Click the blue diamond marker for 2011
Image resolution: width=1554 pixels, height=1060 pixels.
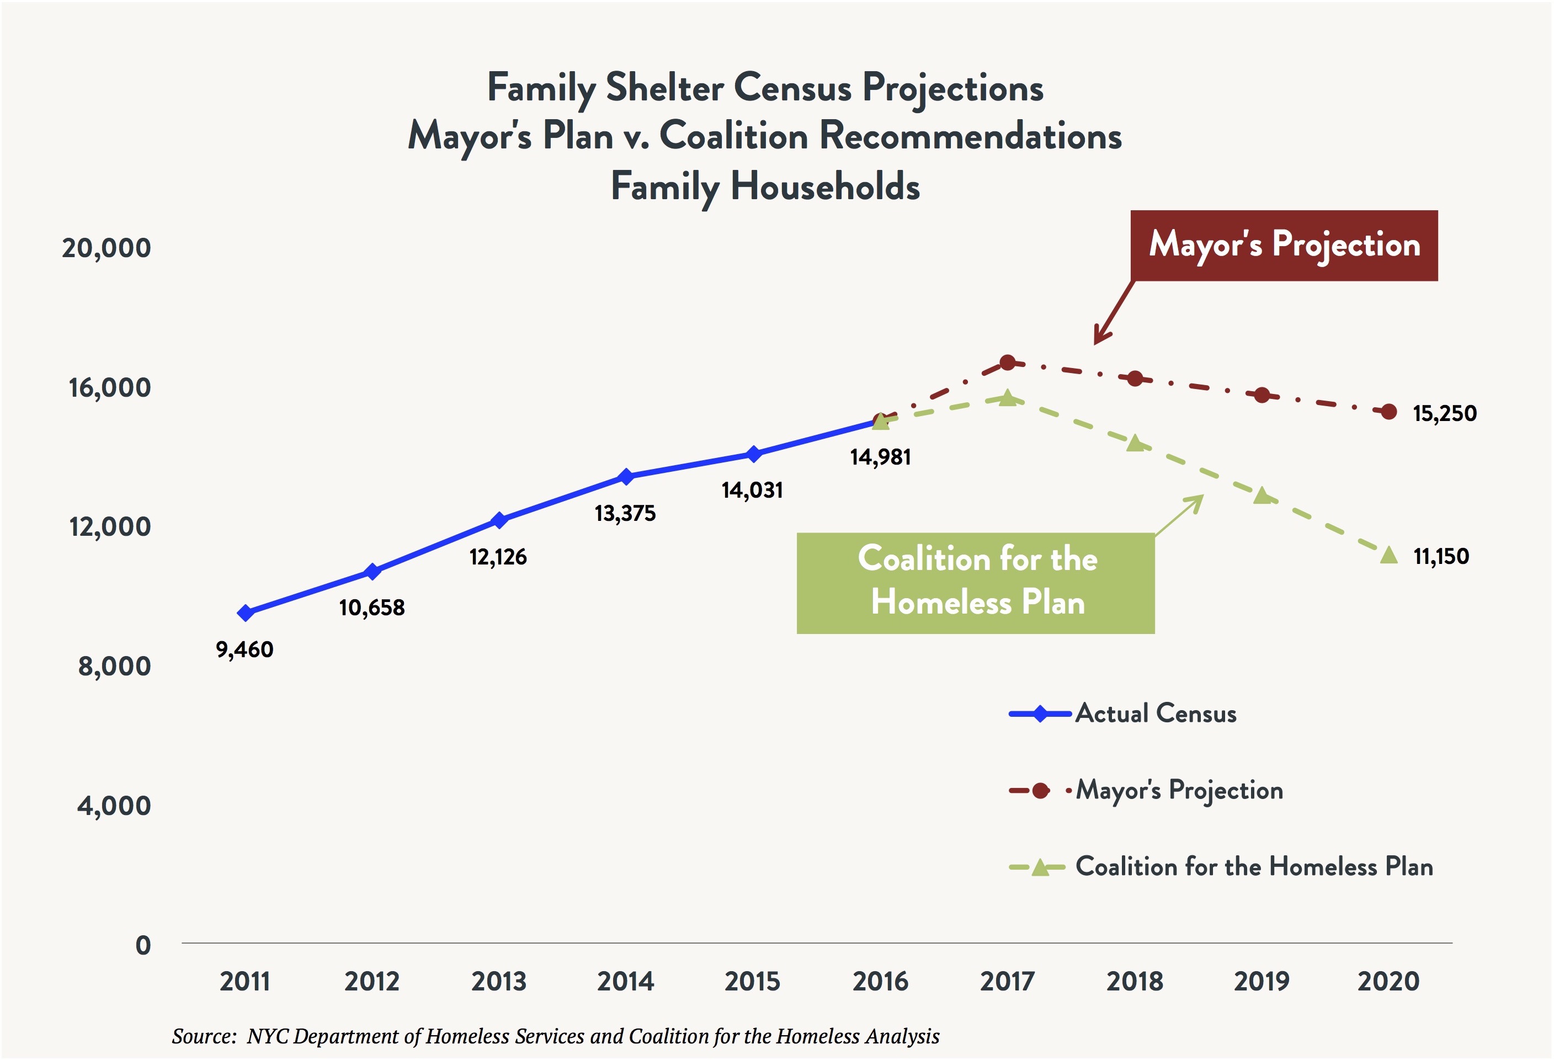coord(246,612)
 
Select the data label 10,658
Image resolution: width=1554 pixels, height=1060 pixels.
coord(372,607)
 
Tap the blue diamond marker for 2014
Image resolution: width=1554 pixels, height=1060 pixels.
coord(626,477)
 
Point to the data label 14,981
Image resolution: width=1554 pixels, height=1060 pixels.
coord(880,457)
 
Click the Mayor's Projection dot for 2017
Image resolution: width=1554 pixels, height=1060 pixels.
coord(1007,363)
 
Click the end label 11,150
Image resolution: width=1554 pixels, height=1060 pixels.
coord(1441,556)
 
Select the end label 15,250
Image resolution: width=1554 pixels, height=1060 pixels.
coord(1444,413)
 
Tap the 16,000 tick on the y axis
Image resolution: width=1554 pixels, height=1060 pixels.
coord(110,387)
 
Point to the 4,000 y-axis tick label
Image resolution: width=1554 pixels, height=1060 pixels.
coord(114,805)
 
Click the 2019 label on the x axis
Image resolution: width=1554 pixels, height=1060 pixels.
coord(1261,981)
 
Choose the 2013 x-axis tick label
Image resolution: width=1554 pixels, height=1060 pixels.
coord(499,981)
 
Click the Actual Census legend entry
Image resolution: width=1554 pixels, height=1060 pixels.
coord(1156,713)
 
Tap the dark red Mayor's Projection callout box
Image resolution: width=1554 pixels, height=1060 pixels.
coord(1284,246)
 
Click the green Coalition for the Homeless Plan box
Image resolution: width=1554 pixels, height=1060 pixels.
coord(976,583)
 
